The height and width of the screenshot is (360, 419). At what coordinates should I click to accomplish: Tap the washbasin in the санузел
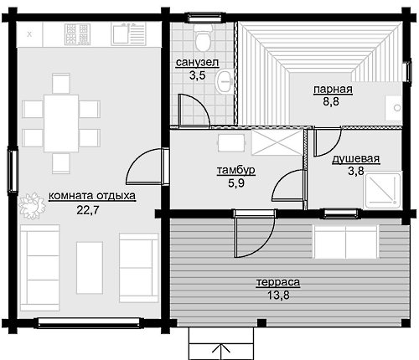tap(224, 81)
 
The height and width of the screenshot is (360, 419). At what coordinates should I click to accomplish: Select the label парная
tap(333, 90)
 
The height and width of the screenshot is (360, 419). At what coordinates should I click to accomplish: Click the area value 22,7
tap(88, 210)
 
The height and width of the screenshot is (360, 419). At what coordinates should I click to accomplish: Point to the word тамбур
tap(236, 170)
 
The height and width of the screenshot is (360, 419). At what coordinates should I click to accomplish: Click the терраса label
tap(278, 282)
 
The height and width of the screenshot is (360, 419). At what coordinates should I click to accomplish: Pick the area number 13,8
tap(278, 295)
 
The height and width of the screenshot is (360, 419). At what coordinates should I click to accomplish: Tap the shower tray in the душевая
tap(382, 190)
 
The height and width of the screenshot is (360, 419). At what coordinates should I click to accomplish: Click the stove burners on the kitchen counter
tap(77, 34)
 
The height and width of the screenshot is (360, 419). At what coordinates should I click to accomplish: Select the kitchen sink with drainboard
tap(128, 34)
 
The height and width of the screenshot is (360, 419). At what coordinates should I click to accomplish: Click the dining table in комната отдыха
tap(61, 123)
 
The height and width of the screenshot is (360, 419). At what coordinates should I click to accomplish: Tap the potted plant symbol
tap(32, 205)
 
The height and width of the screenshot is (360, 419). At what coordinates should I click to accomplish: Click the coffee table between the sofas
tap(90, 268)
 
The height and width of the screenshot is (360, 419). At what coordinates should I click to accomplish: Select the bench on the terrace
tap(345, 242)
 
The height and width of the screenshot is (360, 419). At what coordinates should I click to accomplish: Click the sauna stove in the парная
tap(393, 107)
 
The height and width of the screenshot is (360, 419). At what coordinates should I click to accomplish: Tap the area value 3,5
tap(198, 75)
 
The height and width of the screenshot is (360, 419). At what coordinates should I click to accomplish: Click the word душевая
tap(356, 158)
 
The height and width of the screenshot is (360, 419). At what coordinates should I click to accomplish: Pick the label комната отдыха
tap(92, 196)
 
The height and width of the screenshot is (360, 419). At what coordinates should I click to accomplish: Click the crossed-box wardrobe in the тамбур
tap(277, 142)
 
